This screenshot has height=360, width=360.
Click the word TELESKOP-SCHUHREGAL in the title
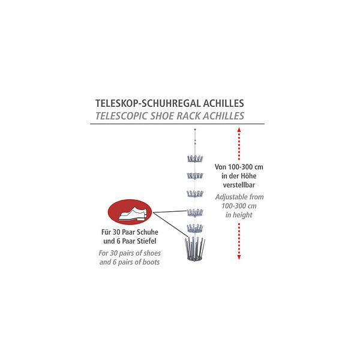point(148,103)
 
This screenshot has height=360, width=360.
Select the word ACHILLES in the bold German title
point(224,103)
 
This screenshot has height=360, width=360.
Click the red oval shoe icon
point(130,212)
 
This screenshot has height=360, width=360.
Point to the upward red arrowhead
point(239,130)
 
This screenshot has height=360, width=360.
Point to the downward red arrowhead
point(239,257)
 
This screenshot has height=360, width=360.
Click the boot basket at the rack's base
point(195,250)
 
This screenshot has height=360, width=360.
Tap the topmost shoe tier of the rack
point(195,158)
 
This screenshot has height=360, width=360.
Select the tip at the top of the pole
point(195,130)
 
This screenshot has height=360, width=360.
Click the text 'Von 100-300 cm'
point(239,167)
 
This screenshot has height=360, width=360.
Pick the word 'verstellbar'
point(239,185)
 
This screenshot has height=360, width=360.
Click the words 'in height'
point(239,215)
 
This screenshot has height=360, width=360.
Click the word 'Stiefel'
point(146,241)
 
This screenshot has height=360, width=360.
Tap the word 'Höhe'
point(248,176)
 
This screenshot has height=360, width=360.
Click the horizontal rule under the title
point(177,124)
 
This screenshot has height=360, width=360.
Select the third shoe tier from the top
point(195,194)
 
